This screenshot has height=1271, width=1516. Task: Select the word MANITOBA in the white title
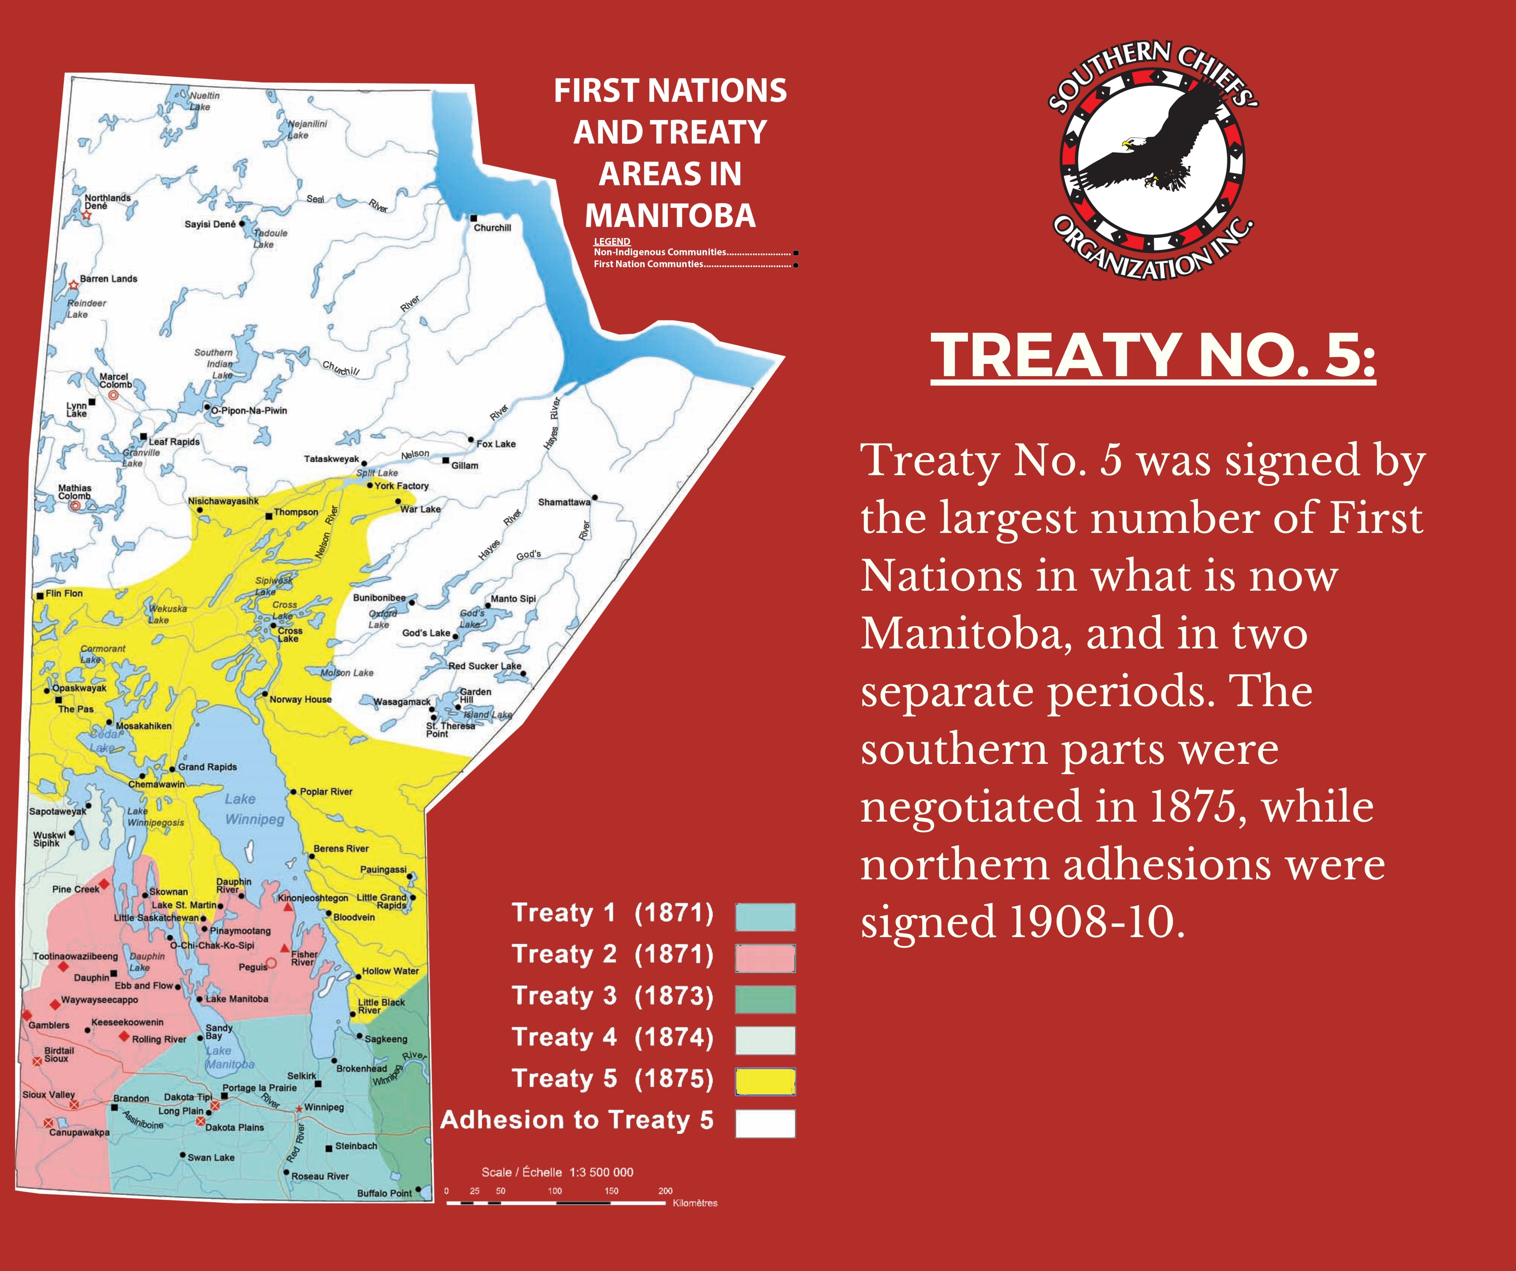click(x=670, y=216)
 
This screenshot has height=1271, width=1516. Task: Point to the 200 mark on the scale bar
click(x=665, y=1191)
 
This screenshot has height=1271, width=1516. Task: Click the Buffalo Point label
click(x=384, y=1193)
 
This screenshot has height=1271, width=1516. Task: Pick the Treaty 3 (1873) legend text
click(x=612, y=996)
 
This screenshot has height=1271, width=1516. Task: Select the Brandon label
click(x=131, y=1098)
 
